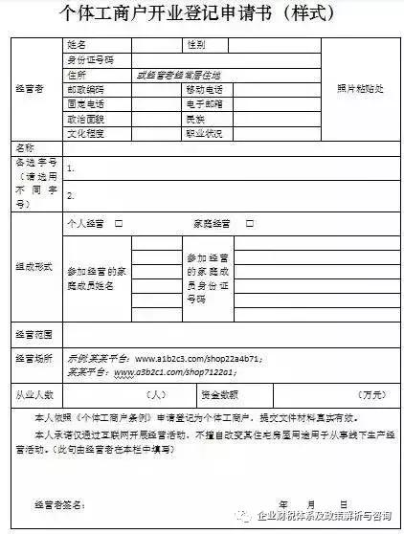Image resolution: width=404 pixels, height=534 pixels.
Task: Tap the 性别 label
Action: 195,44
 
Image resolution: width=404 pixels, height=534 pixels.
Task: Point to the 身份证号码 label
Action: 91,59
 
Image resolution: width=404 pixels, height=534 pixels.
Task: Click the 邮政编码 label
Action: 84,89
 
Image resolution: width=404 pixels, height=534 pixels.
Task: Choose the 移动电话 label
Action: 202,89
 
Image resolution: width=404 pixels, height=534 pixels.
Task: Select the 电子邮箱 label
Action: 202,103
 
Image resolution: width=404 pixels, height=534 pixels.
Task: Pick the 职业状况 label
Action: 202,133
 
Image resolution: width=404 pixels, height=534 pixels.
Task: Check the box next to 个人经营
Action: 119,223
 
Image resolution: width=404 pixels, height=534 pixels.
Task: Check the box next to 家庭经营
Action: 246,223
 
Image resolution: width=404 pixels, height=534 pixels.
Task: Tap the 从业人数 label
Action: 36,393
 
